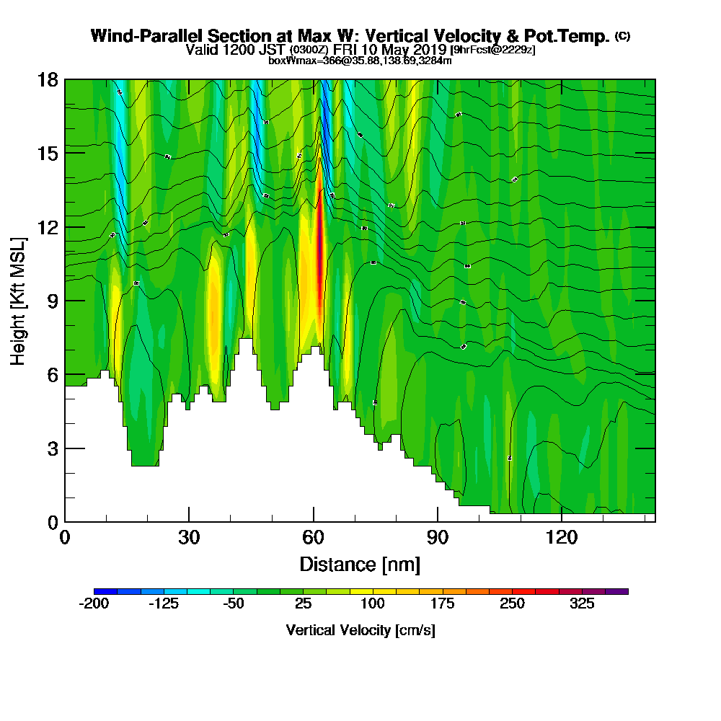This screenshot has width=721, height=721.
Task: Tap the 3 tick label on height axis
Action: click(x=53, y=448)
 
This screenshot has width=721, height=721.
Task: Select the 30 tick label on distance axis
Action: click(x=189, y=537)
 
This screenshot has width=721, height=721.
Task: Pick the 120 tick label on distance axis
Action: click(x=562, y=537)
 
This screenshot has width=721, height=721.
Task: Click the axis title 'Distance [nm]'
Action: click(x=360, y=564)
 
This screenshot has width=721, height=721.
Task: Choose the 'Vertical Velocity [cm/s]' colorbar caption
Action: click(x=360, y=630)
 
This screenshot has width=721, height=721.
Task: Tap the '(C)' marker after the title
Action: click(x=622, y=36)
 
